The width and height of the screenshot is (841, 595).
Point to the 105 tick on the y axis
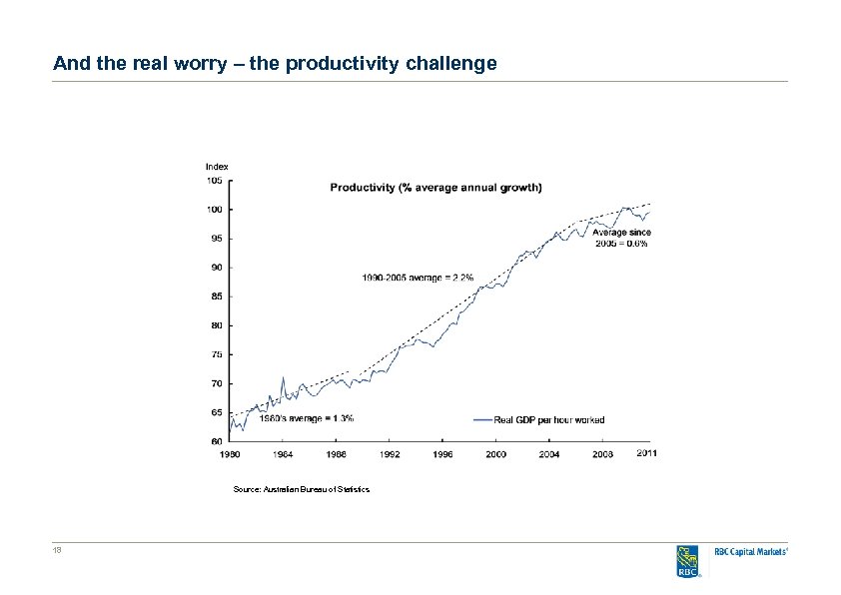pos(215,181)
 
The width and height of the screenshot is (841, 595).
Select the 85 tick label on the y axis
pos(215,297)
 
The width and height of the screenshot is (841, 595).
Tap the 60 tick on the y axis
pos(215,440)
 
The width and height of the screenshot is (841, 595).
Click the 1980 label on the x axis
pos(230,454)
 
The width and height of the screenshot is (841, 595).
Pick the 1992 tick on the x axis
pos(390,454)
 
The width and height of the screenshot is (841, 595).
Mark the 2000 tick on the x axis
pos(496,454)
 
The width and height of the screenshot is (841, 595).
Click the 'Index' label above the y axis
pos(217,167)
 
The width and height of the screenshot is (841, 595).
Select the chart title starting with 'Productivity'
pos(435,187)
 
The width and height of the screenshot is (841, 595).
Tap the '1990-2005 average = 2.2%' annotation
pos(418,277)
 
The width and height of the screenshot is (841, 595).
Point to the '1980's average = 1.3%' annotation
pos(306,418)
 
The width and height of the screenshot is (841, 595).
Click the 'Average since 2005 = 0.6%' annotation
pos(622,238)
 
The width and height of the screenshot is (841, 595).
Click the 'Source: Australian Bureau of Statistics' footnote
pos(301,489)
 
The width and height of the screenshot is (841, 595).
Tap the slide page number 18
pos(58,551)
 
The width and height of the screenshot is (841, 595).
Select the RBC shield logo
pos(688,560)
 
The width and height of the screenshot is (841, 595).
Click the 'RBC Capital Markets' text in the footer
pos(752,552)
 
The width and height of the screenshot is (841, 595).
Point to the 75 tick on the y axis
pos(215,354)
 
